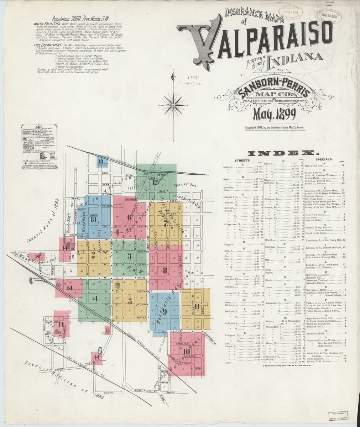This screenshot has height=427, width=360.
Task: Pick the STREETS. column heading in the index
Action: [x=243, y=160]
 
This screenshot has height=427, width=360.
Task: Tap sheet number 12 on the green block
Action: [x=155, y=183]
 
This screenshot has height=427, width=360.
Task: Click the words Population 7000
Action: [x=66, y=19]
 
